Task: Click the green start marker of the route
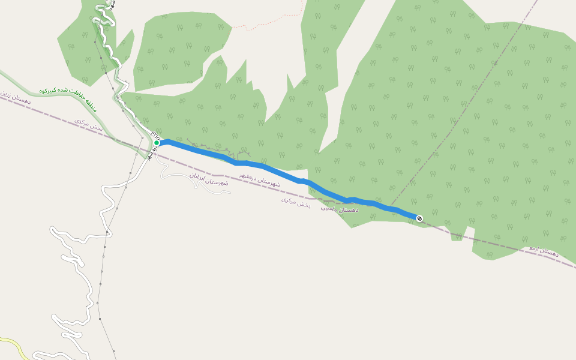click(x=157, y=143)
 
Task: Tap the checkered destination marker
click(x=419, y=218)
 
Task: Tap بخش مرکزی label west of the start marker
click(x=89, y=124)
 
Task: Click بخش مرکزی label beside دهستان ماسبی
click(x=296, y=202)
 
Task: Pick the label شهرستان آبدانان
click(x=209, y=179)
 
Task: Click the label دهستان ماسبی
click(x=340, y=209)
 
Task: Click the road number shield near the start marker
click(x=155, y=133)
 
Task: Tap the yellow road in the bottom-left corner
click(x=15, y=345)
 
